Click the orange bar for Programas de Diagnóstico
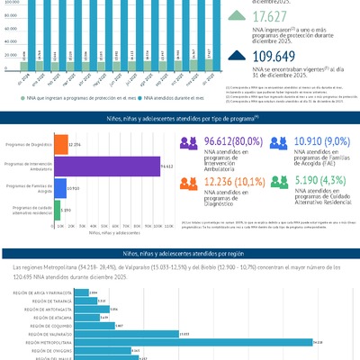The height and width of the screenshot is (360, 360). point(61,145)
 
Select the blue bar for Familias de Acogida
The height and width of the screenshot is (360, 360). point(60,188)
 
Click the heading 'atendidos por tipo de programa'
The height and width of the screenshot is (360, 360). point(179,118)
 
